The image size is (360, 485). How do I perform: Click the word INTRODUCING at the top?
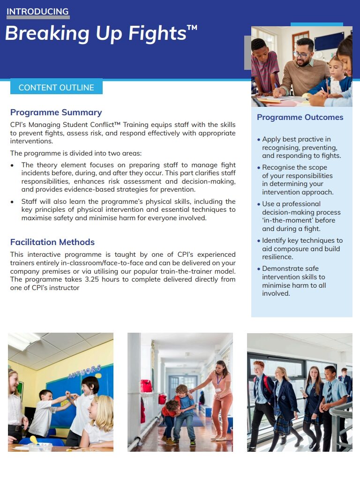pos(37,12)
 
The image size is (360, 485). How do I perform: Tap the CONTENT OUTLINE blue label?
pos(56,88)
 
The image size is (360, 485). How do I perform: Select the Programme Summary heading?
pos(56,112)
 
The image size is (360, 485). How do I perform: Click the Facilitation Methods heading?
pos(52,242)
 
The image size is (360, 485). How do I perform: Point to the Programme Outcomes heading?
pos(300,117)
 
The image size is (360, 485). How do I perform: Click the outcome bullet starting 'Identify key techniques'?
pos(302,249)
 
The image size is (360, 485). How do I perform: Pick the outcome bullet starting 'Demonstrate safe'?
pos(300,281)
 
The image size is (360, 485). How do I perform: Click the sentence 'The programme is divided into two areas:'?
pos(75,153)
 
